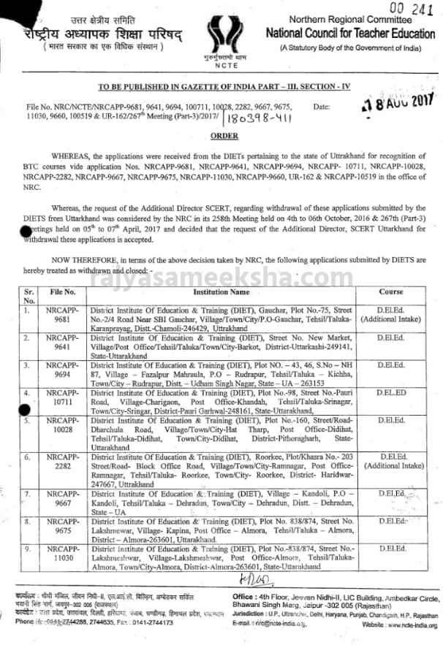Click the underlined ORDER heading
pos(221,136)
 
